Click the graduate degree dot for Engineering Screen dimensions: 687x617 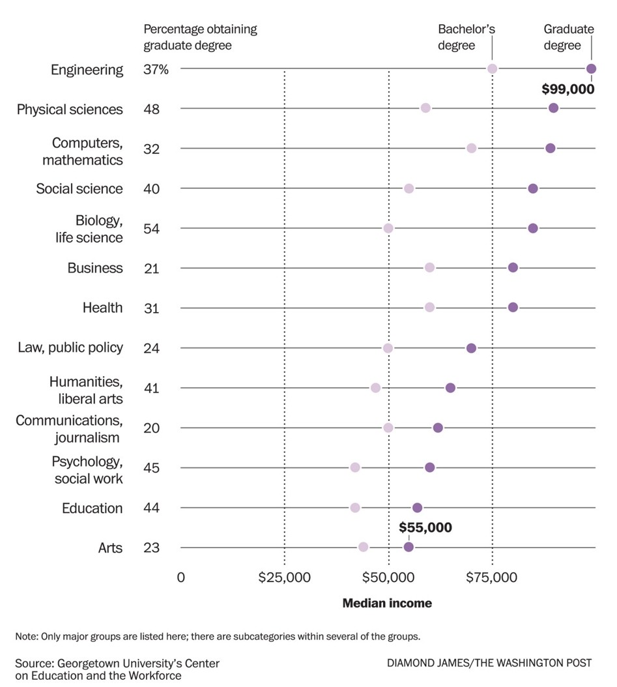click(591, 69)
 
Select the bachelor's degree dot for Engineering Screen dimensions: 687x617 click(493, 69)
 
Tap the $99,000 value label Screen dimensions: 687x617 click(568, 89)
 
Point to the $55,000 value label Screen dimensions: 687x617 click(425, 528)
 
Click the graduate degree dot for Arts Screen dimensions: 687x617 click(409, 547)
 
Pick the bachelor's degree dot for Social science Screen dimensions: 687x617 click(409, 188)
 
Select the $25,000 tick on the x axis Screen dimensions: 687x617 click(284, 577)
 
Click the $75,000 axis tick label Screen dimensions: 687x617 click(493, 577)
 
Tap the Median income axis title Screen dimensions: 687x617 click(387, 604)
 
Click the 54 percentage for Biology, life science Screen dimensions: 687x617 click(152, 229)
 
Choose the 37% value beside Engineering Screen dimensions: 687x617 click(156, 70)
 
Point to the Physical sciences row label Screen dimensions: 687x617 click(70, 110)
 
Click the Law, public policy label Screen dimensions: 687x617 click(70, 347)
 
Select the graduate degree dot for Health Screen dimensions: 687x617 click(513, 308)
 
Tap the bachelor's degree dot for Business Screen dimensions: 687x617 click(429, 268)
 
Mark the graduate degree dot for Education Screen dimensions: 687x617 click(417, 508)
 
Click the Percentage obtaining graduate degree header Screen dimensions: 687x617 click(200, 37)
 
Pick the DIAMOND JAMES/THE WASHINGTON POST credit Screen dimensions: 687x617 click(489, 663)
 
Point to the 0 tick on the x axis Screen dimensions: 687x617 click(181, 577)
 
